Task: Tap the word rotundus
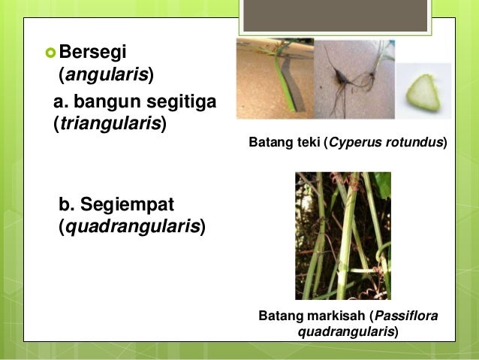click(411, 141)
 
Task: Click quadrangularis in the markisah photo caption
click(346, 331)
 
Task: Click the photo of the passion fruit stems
click(342, 235)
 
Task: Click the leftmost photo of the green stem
click(275, 80)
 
